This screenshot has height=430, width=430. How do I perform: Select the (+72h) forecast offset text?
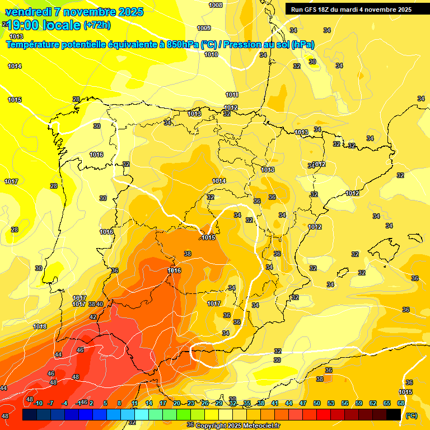(97, 25)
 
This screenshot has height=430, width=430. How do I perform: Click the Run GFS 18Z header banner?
(351, 9)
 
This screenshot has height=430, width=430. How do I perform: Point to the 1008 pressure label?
(215, 5)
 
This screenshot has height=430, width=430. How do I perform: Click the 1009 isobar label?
(204, 28)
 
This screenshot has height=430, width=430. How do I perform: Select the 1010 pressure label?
(211, 54)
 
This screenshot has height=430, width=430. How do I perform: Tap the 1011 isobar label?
(232, 95)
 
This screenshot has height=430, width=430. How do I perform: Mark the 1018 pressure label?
(40, 326)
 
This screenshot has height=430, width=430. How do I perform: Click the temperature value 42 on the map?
(93, 317)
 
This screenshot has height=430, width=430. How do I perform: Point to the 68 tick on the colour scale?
(401, 403)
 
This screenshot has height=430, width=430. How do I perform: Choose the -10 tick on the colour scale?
(38, 403)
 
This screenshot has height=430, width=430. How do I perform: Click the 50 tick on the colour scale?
(317, 403)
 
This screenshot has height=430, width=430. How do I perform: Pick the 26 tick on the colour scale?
(204, 403)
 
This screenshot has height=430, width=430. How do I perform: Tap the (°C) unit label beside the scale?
(412, 415)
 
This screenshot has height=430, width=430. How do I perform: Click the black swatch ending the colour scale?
(394, 414)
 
